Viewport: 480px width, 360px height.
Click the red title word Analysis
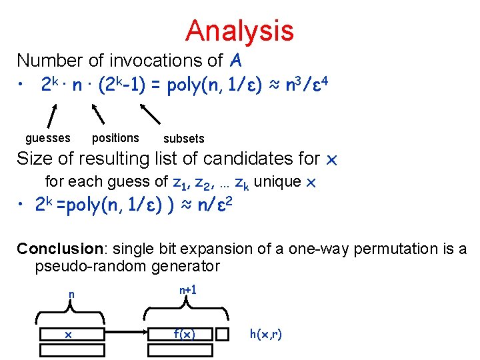pos(239,31)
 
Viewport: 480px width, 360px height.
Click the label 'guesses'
pos(47,138)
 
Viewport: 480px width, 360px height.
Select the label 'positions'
pos(115,138)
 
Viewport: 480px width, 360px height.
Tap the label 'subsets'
pos(183,139)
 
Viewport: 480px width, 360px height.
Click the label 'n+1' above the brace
pos(188,290)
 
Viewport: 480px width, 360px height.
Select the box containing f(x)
pos(184,334)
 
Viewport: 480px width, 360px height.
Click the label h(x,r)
pos(265,333)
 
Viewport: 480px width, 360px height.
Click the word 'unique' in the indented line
pos(279,181)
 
